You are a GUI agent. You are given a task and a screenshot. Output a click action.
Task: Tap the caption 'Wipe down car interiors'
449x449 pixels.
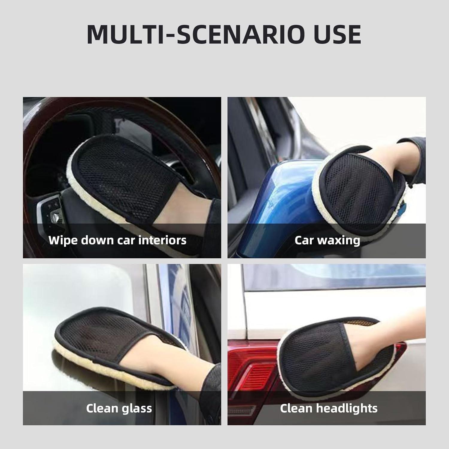pos(117,240)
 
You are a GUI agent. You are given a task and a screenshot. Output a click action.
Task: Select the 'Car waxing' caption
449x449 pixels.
pos(327,240)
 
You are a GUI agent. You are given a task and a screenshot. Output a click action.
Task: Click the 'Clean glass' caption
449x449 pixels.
pos(119,408)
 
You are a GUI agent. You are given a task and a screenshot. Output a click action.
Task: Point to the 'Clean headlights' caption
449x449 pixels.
pos(328,408)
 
